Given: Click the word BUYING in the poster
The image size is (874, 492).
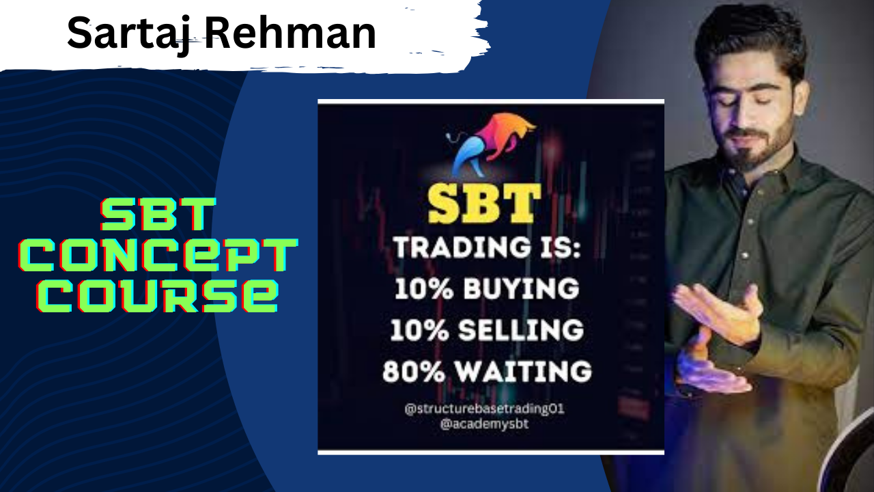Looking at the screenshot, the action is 521,289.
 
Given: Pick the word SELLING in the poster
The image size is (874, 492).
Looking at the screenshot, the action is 521,330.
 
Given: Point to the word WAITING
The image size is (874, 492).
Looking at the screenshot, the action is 524,370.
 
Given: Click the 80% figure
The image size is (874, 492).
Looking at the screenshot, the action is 414,370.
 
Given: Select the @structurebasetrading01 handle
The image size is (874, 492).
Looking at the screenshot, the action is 485,409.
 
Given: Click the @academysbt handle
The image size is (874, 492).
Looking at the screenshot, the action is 485,424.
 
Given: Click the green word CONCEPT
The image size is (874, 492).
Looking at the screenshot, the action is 158,255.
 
